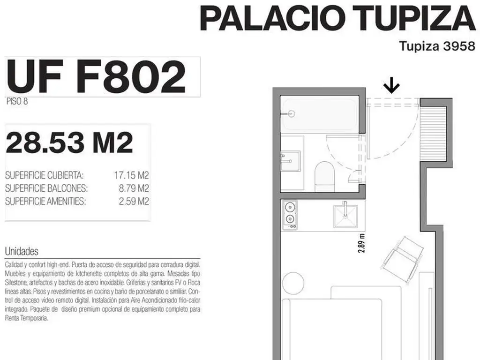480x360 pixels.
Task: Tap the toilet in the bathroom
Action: pos(324,177)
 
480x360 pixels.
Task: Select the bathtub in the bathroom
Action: pos(319,114)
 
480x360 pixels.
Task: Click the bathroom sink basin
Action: pos(291,161)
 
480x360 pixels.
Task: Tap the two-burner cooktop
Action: pos(290,215)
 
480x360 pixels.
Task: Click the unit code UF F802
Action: pos(96,76)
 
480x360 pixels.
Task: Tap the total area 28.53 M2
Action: pos(69,142)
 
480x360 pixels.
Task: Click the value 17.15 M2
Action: pos(131,175)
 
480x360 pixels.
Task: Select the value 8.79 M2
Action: pos(134,188)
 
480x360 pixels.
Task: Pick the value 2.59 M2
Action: pos(134,202)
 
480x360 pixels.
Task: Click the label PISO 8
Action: pos(17,101)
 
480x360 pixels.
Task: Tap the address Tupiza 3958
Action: pos(437,46)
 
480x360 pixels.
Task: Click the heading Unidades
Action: pos(22,251)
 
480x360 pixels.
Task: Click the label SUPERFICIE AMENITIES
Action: pos(45,202)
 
